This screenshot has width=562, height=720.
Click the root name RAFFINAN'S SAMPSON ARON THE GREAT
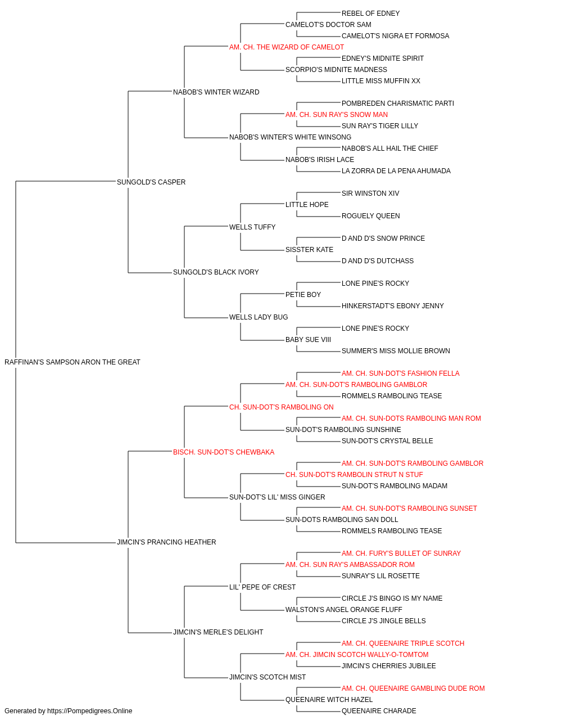72,362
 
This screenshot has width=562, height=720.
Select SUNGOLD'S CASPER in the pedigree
151,182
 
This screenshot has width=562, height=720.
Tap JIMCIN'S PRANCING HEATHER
166,542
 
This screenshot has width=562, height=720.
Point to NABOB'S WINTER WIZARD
216,92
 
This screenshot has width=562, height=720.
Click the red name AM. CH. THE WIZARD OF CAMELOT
287,47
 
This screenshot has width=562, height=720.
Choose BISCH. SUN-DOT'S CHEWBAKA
224,452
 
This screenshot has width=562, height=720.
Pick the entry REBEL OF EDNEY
371,13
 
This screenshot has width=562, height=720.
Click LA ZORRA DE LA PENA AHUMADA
396,170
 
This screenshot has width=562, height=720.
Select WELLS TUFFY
252,227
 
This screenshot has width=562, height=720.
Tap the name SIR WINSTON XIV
370,193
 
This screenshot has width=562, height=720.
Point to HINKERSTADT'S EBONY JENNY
392,306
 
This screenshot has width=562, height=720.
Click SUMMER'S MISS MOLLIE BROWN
396,351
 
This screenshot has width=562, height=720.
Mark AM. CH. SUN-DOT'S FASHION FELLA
401,373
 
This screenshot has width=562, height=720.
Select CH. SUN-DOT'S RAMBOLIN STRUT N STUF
354,475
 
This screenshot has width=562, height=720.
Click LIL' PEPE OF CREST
262,587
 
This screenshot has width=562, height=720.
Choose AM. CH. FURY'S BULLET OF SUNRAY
401,553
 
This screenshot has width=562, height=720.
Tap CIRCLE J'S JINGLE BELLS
384,621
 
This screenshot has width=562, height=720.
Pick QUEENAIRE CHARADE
379,711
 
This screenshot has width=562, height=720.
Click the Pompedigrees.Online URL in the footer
90,711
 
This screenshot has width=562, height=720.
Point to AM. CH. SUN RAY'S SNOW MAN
337,115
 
